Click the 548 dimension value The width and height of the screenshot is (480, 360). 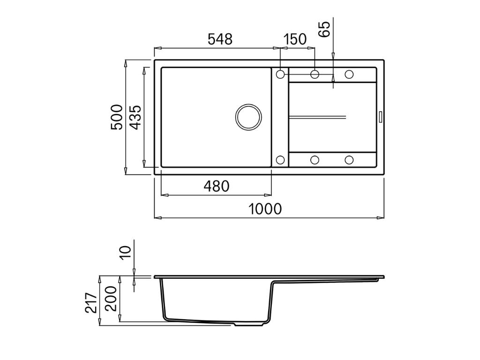[220, 39]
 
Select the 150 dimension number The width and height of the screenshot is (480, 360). [295, 39]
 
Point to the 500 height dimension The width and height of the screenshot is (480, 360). [117, 117]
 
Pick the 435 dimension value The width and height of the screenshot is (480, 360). [135, 117]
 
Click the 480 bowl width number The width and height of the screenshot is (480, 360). [216, 187]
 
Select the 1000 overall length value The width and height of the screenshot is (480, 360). [265, 209]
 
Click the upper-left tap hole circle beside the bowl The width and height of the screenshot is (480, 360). [280, 74]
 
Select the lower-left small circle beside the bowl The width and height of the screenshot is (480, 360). [280, 160]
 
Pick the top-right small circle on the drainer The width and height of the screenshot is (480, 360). [349, 74]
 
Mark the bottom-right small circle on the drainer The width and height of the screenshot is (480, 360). [349, 160]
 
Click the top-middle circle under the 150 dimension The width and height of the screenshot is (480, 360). [315, 74]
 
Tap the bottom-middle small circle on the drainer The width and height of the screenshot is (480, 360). [315, 160]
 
